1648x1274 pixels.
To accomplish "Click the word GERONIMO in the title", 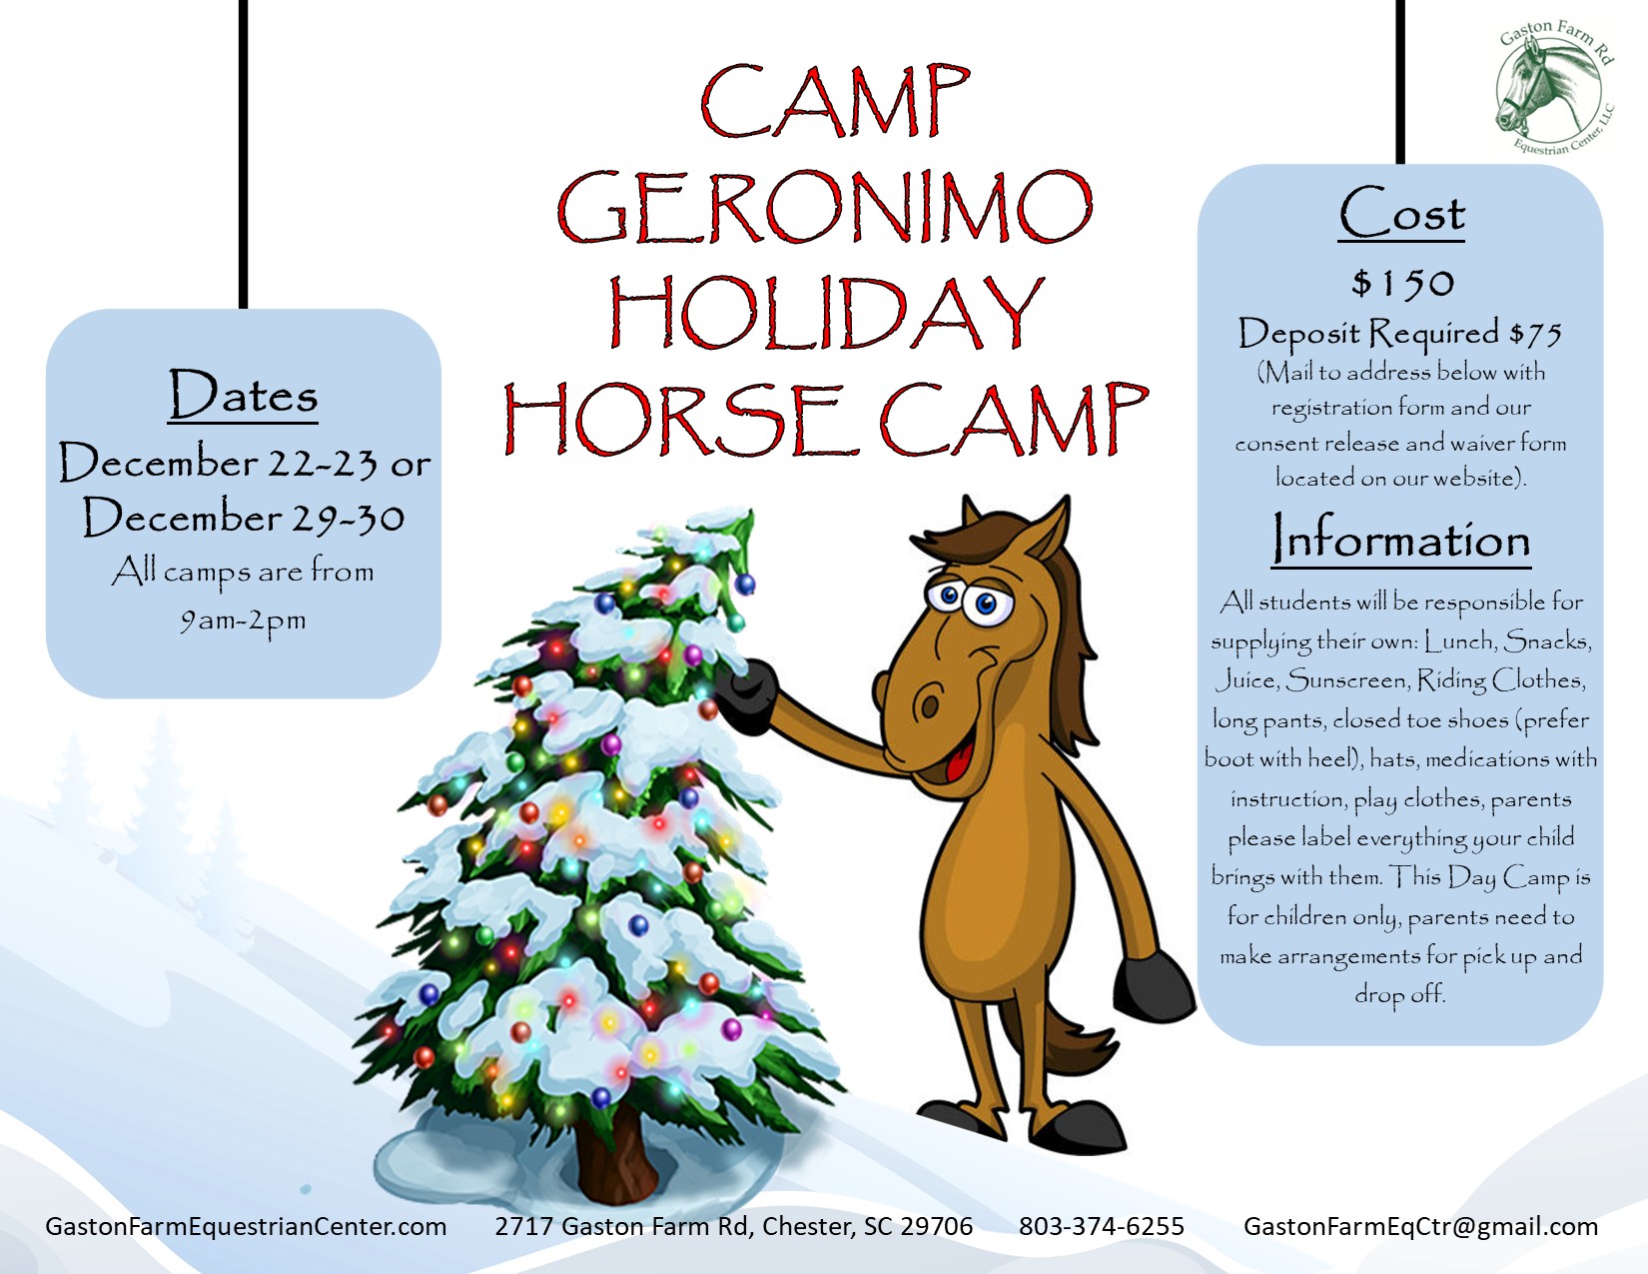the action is [x=824, y=207].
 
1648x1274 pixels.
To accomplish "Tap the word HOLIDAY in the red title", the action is [x=827, y=312].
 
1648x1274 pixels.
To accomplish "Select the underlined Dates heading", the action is [x=243, y=394].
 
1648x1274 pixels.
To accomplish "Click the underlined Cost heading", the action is [x=1400, y=213].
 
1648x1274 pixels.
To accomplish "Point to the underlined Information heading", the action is [x=1400, y=538].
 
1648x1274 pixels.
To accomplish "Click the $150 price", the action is [x=1402, y=283].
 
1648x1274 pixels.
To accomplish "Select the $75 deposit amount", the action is [x=1535, y=334].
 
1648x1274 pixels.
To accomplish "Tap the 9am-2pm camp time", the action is [x=243, y=622].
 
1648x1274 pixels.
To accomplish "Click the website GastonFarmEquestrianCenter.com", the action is [x=246, y=1226].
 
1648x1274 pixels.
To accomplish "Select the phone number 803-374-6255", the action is [x=1102, y=1226].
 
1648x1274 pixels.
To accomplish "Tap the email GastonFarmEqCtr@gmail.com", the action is [x=1420, y=1226].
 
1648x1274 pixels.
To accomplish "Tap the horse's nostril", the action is [x=928, y=705].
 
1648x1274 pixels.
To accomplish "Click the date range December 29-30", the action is [x=243, y=518].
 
